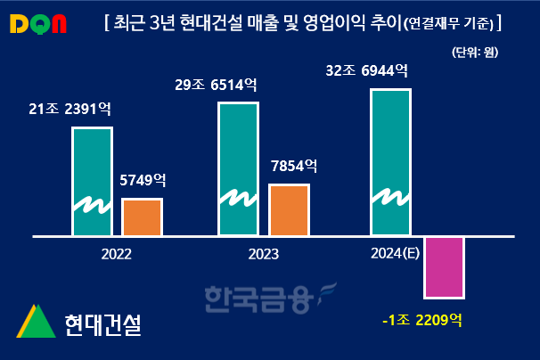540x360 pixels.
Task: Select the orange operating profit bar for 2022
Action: (x=142, y=217)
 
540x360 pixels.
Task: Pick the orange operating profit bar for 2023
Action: (x=288, y=210)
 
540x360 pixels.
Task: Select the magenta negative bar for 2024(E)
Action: (x=442, y=266)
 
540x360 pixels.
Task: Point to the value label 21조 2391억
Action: (x=70, y=110)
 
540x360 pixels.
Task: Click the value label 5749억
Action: (x=143, y=180)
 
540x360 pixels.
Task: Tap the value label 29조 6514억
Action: (x=217, y=86)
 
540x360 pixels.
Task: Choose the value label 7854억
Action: (x=293, y=166)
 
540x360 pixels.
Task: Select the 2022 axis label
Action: (x=116, y=254)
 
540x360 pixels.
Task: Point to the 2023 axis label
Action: (x=263, y=254)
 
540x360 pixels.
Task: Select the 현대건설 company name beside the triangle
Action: (x=102, y=323)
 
